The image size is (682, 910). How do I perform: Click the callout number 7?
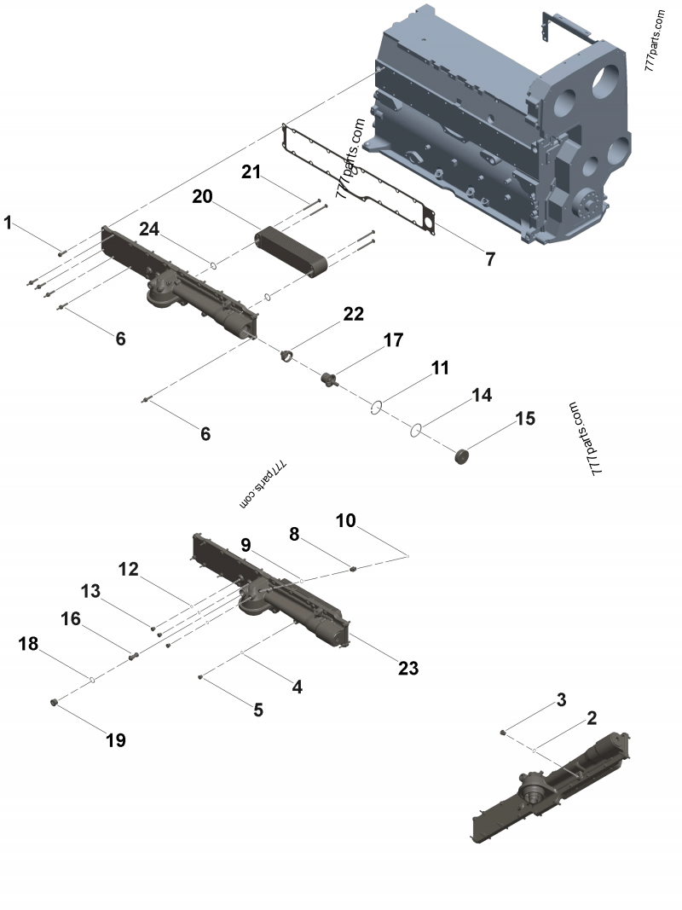point(489,259)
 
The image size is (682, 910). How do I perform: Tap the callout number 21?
point(250,171)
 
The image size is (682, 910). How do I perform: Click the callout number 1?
point(8,223)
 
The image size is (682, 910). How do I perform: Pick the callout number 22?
point(353,314)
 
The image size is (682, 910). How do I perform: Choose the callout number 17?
point(392,340)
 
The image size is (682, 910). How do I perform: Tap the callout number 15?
point(525,418)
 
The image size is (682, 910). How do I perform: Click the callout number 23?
point(408,668)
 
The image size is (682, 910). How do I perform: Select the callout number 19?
point(115,739)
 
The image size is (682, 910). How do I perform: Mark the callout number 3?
point(560,700)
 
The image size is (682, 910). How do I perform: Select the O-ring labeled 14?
point(417,431)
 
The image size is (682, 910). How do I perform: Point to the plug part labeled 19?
point(53,702)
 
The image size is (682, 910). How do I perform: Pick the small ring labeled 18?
point(91,679)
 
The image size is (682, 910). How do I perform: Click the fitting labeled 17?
point(326,377)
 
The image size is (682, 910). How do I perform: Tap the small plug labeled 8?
point(350,568)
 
